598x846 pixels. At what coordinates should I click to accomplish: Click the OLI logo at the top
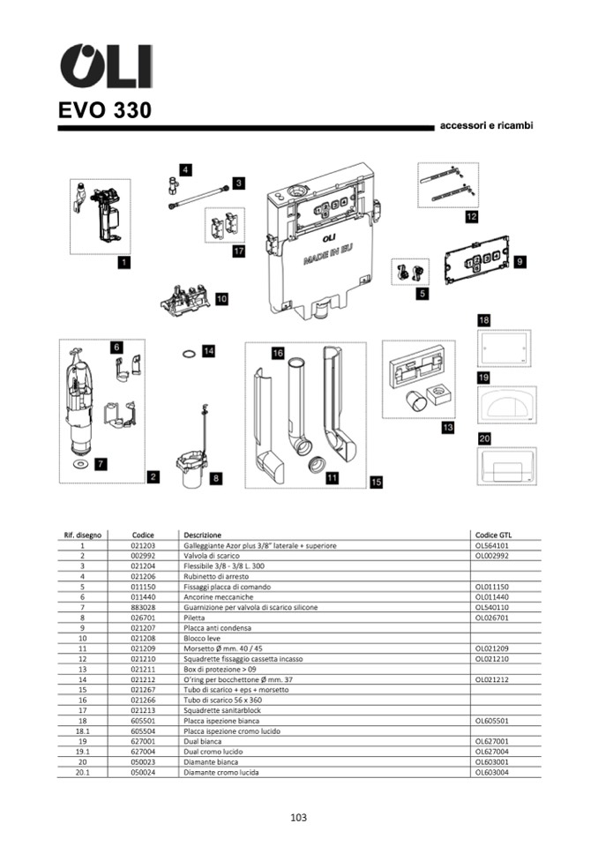[105, 67]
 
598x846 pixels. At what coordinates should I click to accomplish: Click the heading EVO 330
[105, 111]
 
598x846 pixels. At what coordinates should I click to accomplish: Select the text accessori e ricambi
[486, 126]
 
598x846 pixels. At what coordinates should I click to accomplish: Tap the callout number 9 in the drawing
[520, 262]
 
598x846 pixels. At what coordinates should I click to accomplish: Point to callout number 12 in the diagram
[472, 216]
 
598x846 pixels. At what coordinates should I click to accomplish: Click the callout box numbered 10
[221, 299]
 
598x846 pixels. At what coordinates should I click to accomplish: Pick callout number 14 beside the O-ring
[208, 351]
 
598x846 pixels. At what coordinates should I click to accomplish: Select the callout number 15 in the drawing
[377, 482]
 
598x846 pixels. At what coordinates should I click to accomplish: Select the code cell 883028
[143, 608]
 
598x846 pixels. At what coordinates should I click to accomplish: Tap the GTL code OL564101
[494, 546]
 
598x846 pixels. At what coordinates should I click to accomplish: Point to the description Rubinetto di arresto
[217, 577]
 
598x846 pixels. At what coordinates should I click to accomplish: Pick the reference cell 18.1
[82, 731]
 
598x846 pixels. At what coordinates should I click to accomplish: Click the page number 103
[298, 818]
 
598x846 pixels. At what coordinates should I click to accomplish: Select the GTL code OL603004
[494, 773]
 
